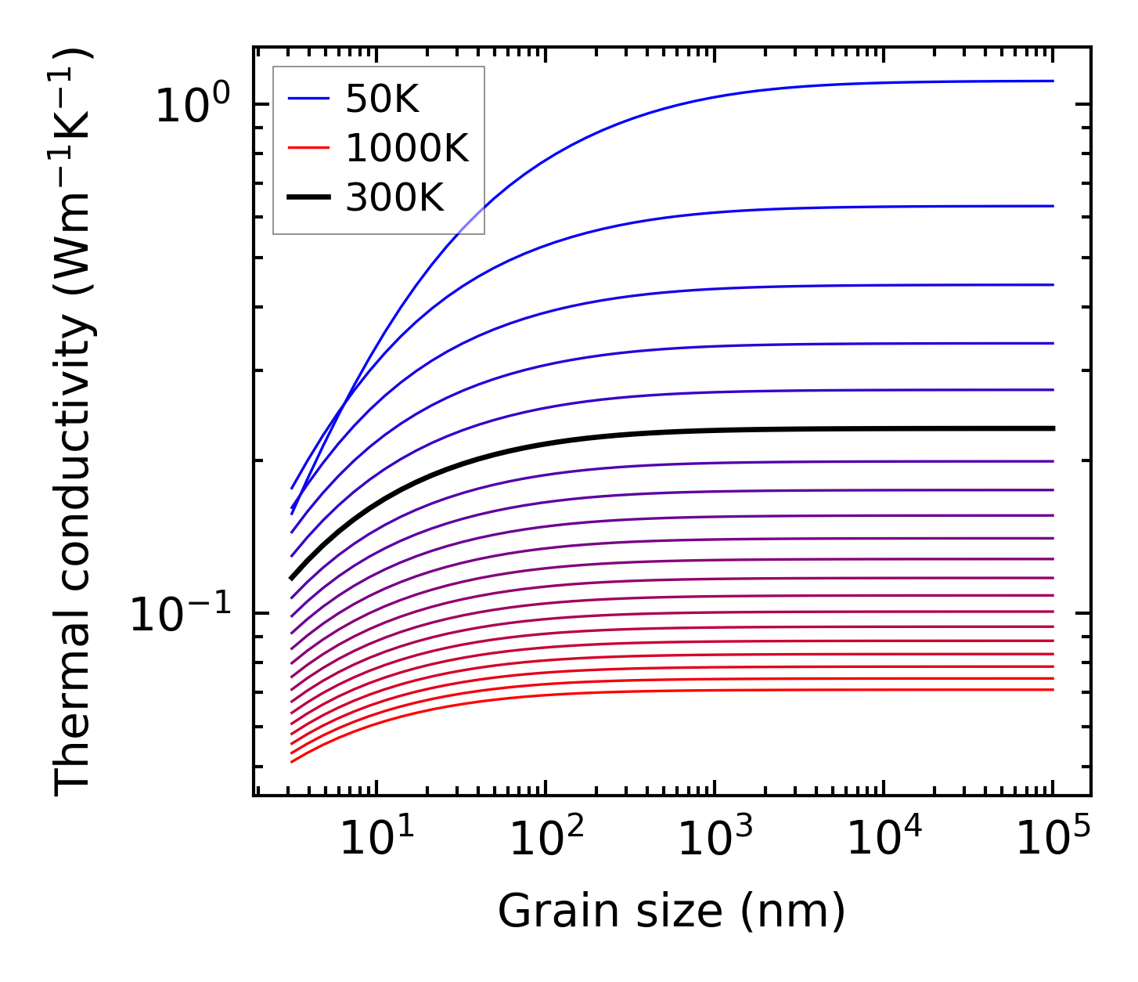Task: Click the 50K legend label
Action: point(382,99)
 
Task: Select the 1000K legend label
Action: point(407,149)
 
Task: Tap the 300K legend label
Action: point(394,198)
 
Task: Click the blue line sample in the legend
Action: point(308,99)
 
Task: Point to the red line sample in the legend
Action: point(308,149)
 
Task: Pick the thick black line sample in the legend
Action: point(308,198)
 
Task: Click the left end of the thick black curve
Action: point(292,578)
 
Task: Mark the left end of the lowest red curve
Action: point(292,761)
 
